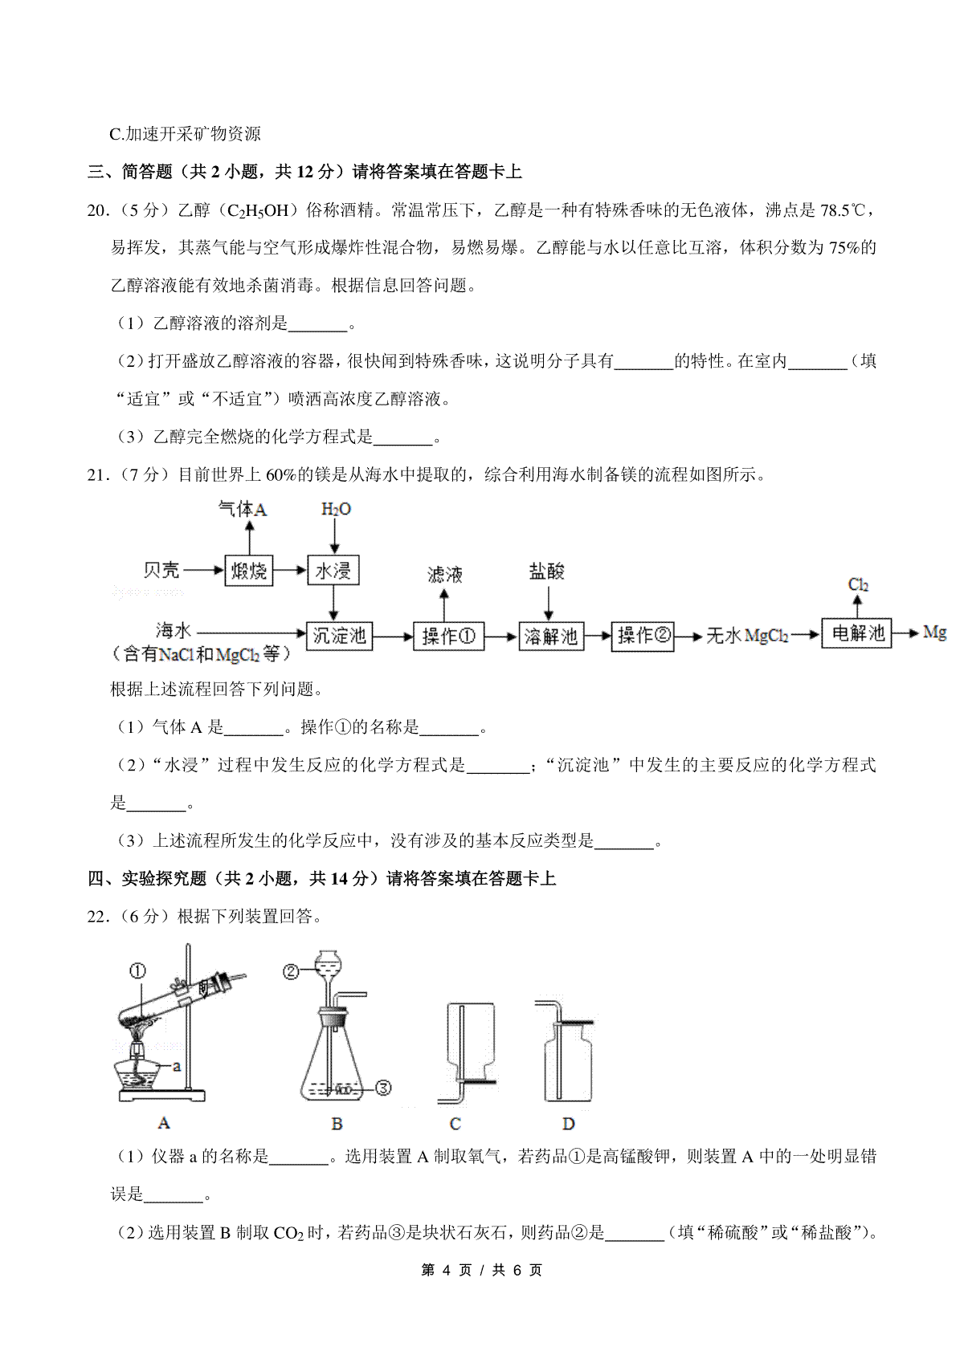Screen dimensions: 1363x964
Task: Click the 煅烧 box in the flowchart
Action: [x=248, y=571]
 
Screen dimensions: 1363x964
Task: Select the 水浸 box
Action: [x=333, y=571]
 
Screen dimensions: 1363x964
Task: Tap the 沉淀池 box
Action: [x=339, y=636]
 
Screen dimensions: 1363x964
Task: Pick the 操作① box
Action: [x=448, y=637]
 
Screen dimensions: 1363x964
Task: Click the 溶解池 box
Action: [x=551, y=637]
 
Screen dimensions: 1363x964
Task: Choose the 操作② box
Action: [x=643, y=636]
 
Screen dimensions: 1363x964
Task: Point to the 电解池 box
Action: [x=856, y=633]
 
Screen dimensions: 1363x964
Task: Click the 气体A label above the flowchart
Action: [x=243, y=509]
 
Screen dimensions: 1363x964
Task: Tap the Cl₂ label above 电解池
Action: [x=858, y=584]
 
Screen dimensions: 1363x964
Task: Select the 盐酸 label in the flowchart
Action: [x=547, y=572]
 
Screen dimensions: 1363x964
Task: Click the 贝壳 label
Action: [x=161, y=570]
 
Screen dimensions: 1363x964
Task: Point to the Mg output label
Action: [x=934, y=633]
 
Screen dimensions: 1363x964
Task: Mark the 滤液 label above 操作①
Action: [x=444, y=574]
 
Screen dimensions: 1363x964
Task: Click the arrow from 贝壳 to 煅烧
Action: [x=204, y=571]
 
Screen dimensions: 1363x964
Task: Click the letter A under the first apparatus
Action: [x=164, y=1123]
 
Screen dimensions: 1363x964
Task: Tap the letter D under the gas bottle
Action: [x=568, y=1124]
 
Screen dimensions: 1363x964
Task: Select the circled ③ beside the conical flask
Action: [x=383, y=1088]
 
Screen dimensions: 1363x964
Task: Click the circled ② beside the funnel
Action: [x=290, y=972]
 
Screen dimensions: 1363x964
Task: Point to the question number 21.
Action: [x=97, y=474]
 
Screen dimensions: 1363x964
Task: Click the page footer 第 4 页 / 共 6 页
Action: [x=482, y=1270]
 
